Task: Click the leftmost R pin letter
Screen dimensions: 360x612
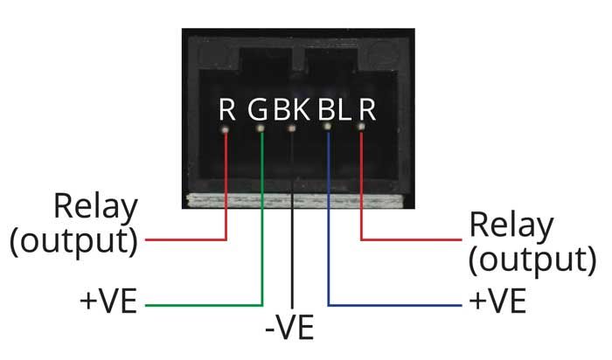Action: (x=227, y=110)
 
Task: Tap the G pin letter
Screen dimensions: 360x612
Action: (x=259, y=110)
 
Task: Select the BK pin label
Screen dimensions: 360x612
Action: (x=292, y=110)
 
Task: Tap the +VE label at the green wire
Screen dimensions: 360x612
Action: (x=108, y=305)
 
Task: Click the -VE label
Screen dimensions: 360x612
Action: (x=292, y=331)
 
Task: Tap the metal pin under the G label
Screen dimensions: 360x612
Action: (x=260, y=128)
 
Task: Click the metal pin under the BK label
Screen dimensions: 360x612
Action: (x=292, y=128)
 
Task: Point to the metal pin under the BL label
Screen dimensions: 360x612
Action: (x=328, y=128)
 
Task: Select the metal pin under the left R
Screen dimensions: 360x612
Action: (x=226, y=128)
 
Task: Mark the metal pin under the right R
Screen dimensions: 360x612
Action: (x=361, y=128)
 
